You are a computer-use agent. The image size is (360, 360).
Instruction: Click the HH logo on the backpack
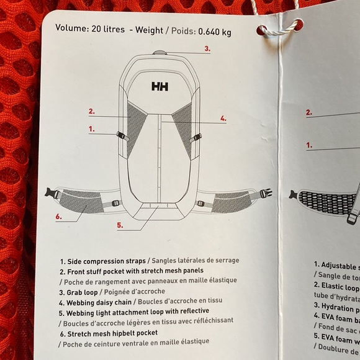[x=160, y=87]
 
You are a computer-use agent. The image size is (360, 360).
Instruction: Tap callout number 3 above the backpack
[x=207, y=48]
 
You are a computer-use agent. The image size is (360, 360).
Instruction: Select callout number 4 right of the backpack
[x=223, y=118]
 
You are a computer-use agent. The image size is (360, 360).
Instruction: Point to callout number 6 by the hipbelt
[x=58, y=217]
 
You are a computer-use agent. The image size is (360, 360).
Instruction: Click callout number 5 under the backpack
[x=120, y=225]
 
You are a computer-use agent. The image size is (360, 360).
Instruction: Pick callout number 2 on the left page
[x=91, y=112]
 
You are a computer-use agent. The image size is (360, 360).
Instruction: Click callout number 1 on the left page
[x=91, y=129]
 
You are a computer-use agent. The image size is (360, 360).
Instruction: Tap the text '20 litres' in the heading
[x=107, y=29]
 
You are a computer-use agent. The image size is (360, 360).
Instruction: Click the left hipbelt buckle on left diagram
[x=53, y=193]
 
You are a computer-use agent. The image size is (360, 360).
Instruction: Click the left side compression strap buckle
[x=121, y=135]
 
